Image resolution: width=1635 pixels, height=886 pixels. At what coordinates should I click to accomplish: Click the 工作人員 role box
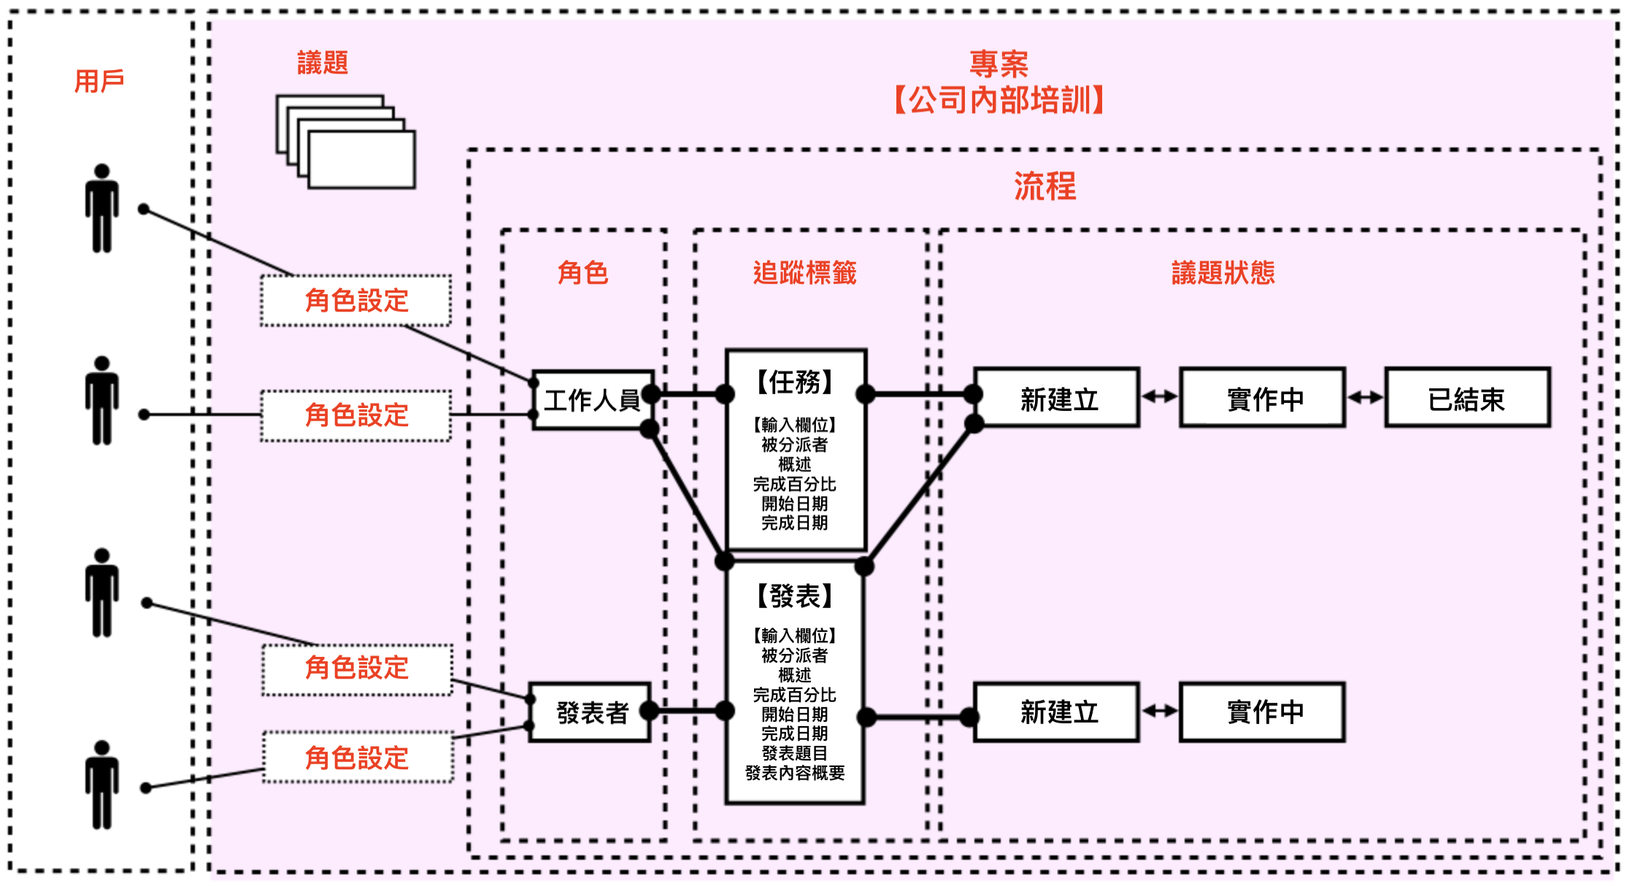click(x=593, y=400)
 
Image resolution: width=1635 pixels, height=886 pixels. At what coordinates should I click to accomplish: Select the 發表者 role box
click(x=590, y=712)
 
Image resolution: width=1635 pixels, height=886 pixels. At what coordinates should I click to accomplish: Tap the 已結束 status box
click(x=1467, y=398)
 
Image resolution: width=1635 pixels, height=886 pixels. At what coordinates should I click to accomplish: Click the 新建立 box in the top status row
click(x=1057, y=398)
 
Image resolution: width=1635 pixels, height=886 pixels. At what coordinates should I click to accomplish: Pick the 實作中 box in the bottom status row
click(x=1263, y=712)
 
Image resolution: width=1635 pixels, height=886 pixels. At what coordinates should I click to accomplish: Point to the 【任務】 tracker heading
click(x=795, y=382)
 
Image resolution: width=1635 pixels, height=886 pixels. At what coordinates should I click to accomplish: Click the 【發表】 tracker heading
click(x=795, y=596)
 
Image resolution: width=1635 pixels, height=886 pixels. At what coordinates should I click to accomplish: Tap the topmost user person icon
click(x=101, y=208)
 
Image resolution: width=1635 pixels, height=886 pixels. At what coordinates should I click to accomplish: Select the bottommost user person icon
click(x=101, y=785)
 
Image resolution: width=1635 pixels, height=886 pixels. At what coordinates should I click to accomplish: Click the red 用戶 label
click(x=99, y=81)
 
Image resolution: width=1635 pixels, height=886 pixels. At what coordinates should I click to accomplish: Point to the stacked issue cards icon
click(x=346, y=142)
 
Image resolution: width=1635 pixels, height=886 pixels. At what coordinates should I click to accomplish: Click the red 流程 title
click(x=1045, y=186)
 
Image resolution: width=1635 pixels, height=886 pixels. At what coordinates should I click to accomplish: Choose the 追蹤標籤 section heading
click(x=804, y=273)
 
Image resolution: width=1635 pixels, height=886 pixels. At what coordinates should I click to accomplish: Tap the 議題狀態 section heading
click(x=1223, y=273)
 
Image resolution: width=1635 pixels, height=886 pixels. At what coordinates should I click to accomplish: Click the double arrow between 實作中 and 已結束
click(x=1365, y=397)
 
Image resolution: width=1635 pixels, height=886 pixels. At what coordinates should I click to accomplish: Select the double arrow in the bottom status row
click(x=1160, y=711)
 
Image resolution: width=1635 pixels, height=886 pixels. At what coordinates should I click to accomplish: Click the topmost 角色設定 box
click(x=356, y=301)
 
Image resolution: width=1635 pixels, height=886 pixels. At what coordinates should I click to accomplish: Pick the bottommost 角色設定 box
click(x=358, y=758)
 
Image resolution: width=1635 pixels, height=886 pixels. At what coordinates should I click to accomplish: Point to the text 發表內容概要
click(x=795, y=773)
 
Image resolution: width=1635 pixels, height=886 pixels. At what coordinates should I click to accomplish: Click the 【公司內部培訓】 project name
click(x=999, y=100)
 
